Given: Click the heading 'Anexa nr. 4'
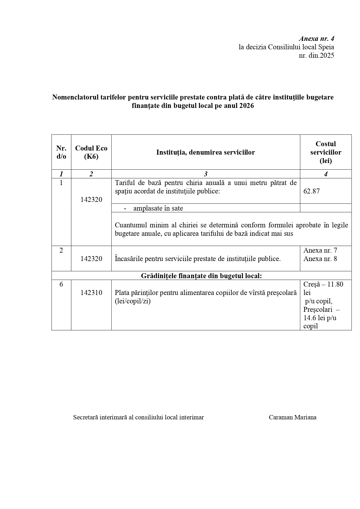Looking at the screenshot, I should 316,39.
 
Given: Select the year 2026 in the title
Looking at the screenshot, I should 247,106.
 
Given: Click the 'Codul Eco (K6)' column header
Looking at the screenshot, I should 91,152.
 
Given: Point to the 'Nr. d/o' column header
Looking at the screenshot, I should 61,152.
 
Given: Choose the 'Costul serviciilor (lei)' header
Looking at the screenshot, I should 325,152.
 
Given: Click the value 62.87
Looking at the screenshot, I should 312,191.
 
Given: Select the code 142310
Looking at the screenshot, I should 91,293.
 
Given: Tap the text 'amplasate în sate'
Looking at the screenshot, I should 158,208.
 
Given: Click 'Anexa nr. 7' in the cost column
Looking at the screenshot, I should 320,250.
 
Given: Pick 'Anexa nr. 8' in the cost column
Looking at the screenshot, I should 320,259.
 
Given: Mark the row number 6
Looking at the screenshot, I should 61,284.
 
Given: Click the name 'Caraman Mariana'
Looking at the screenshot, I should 292,417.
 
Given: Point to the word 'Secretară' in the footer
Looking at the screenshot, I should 85,417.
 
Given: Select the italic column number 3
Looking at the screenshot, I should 205,174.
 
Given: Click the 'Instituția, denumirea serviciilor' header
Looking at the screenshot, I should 205,152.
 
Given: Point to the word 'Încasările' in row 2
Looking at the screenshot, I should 130,259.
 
